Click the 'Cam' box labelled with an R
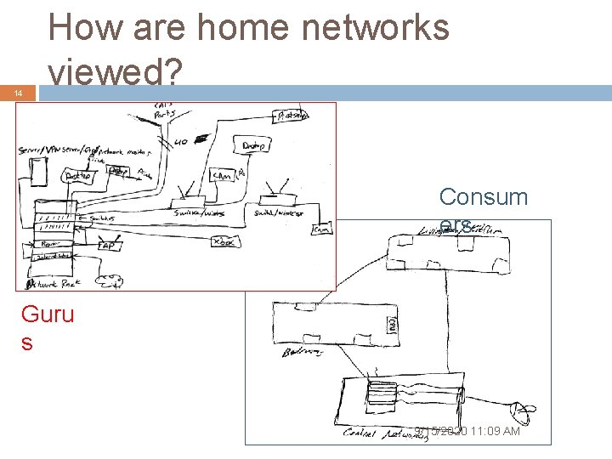tap(221, 175)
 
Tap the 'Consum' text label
tap(483, 197)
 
